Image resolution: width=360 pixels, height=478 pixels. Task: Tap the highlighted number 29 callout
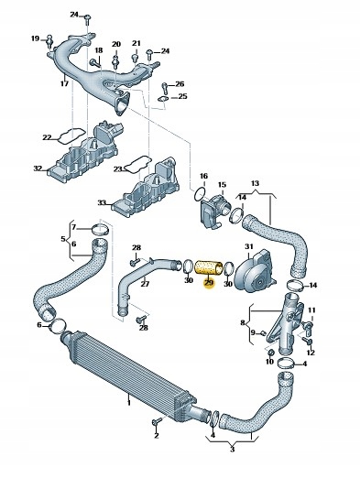point(209,283)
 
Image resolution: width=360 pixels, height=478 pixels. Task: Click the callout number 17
point(64,83)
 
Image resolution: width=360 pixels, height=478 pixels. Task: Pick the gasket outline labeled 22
point(71,136)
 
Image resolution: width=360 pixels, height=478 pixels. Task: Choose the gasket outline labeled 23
point(137,164)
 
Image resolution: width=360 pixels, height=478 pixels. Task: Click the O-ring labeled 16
point(200,195)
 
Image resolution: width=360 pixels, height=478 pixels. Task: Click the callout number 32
point(38,168)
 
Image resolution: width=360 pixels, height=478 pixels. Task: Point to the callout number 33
point(102,202)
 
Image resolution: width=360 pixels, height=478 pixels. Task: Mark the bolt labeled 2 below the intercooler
point(157,422)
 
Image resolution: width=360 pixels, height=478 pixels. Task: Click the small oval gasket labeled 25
point(164,99)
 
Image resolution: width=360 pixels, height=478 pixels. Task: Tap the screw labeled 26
point(165,88)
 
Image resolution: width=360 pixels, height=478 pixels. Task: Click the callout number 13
point(255,183)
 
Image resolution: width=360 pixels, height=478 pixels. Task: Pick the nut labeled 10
point(271,353)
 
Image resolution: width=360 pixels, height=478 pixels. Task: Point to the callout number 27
point(145,284)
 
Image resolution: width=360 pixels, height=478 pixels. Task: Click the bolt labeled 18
point(95,63)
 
